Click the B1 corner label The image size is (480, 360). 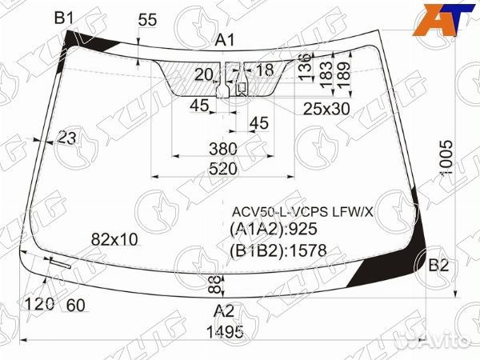coord(64,18)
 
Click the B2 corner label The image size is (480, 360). coord(438,266)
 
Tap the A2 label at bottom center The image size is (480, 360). coord(223,312)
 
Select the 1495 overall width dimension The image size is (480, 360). coord(224,332)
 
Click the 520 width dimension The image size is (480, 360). coord(223,169)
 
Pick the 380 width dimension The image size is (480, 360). coord(223,149)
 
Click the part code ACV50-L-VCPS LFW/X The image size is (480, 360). coord(302,212)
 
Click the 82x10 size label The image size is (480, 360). coord(114,238)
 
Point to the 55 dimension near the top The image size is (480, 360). coord(147,21)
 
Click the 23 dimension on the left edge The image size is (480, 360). coord(67,138)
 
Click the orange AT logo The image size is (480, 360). coord(439,19)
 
